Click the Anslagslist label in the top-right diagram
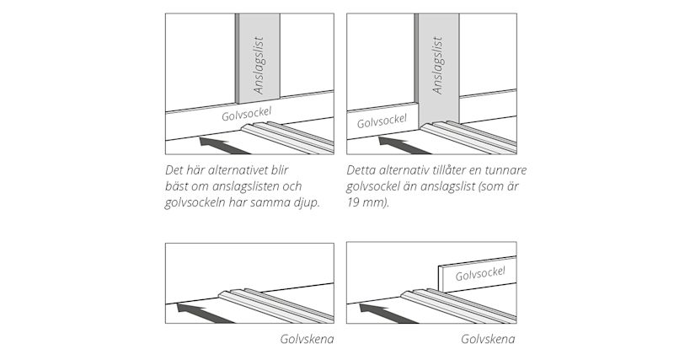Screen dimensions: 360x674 (x=437, y=65)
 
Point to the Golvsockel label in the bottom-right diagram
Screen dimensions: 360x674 (x=479, y=273)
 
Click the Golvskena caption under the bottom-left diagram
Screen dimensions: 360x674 (x=307, y=339)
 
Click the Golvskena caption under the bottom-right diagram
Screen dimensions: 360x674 (x=488, y=339)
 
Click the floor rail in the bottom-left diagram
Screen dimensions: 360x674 (x=270, y=304)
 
